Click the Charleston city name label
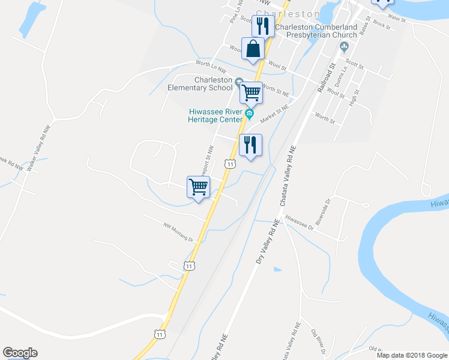point(288,13)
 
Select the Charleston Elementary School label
point(199,83)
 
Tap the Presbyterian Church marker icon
point(344,46)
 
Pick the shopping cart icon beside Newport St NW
point(198,187)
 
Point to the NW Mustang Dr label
point(178,232)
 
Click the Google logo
point(20,353)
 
